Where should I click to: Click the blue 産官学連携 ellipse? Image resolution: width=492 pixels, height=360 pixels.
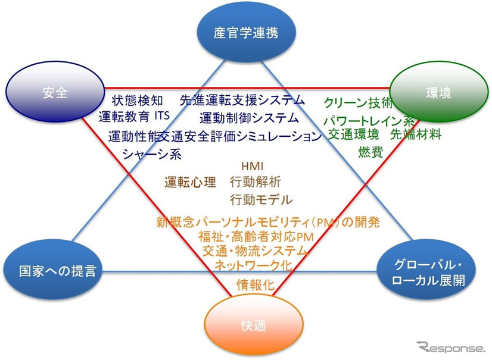click(245, 34)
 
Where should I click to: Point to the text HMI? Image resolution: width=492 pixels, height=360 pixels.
click(252, 165)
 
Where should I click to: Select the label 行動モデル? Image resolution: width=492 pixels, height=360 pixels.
click(261, 199)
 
